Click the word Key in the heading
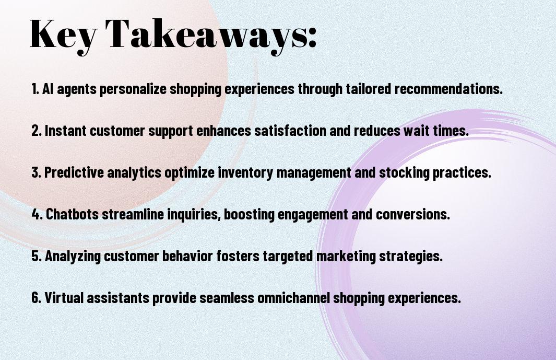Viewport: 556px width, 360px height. tap(63, 36)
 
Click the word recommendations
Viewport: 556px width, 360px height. tap(448, 89)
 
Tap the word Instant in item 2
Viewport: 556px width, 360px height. tap(66, 131)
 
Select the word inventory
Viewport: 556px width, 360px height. tap(245, 173)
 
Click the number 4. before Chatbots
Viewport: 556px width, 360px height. tap(37, 214)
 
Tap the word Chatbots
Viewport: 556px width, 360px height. tap(73, 214)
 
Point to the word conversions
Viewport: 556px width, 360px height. tap(413, 214)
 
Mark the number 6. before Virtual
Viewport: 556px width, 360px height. tap(37, 297)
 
